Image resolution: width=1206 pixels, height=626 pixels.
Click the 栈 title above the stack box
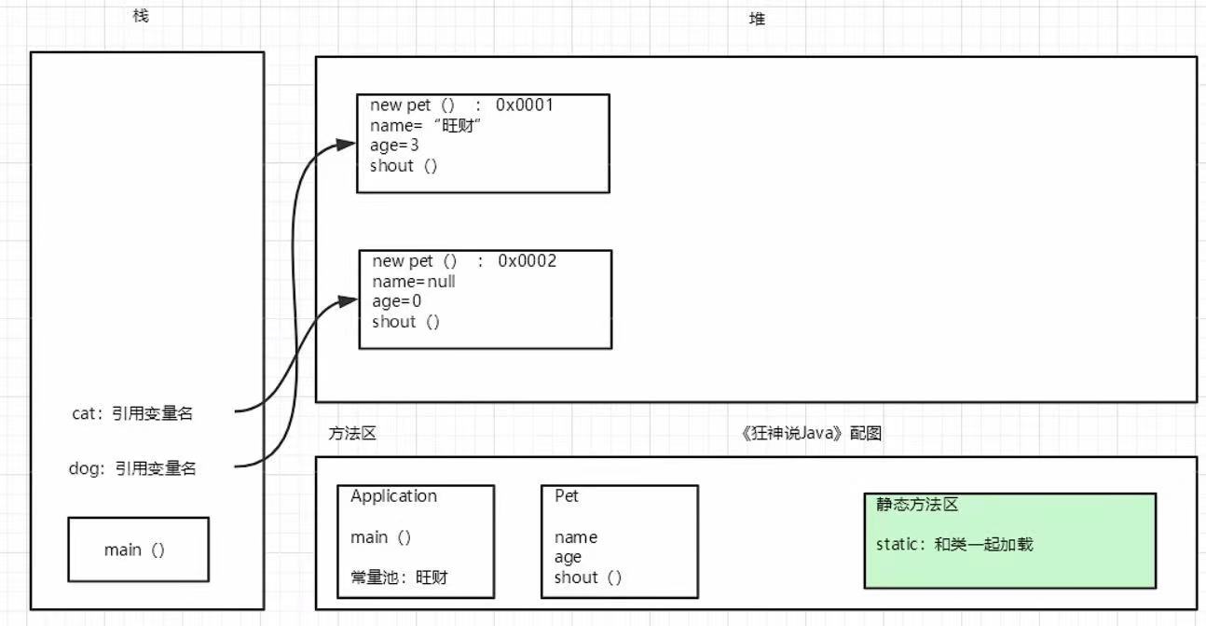click(141, 17)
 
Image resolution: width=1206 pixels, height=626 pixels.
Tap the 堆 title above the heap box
click(757, 19)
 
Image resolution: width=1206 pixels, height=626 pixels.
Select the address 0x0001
click(525, 104)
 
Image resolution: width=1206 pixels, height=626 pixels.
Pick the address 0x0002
click(527, 261)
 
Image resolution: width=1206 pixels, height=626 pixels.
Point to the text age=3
click(394, 146)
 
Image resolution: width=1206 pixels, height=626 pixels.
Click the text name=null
click(414, 281)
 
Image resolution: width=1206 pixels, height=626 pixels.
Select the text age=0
click(397, 301)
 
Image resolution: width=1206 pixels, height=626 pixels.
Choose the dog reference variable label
click(133, 469)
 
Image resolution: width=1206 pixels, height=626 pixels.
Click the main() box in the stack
click(138, 549)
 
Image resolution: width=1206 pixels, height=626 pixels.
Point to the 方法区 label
click(352, 434)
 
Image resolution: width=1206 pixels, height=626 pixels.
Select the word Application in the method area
click(393, 496)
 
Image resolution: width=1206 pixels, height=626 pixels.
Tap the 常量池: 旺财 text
click(399, 577)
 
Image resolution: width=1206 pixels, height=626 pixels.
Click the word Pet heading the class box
click(567, 496)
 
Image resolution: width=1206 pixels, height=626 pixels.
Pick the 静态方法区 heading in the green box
click(917, 505)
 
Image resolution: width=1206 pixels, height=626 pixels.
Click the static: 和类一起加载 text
click(954, 545)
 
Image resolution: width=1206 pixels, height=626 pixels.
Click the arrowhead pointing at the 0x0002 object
click(349, 300)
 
